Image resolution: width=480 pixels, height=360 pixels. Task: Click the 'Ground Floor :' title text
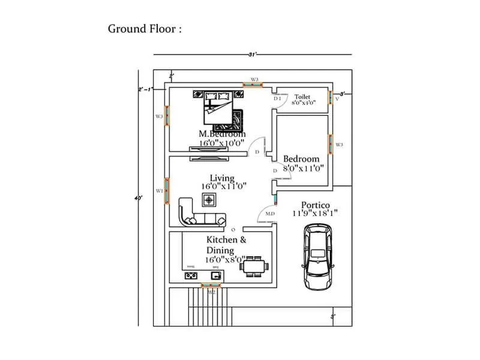point(144,29)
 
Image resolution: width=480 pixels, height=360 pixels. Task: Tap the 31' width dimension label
point(252,55)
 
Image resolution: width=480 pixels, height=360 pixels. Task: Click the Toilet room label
point(302,96)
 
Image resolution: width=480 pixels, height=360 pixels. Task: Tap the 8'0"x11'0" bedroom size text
point(303,169)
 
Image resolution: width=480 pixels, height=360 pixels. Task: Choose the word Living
point(222,178)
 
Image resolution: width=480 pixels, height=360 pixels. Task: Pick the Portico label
point(316,205)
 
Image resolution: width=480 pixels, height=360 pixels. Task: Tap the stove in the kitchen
point(191,276)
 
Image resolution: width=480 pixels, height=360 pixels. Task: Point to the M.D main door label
point(269,214)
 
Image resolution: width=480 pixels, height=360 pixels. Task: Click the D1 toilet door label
point(278,98)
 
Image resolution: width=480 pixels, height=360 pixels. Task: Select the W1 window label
point(159,191)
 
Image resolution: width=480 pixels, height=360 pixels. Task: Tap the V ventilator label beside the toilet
point(337,100)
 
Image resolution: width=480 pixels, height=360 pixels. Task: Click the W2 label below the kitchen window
point(211,292)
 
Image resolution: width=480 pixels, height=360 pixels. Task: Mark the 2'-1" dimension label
point(145,89)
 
